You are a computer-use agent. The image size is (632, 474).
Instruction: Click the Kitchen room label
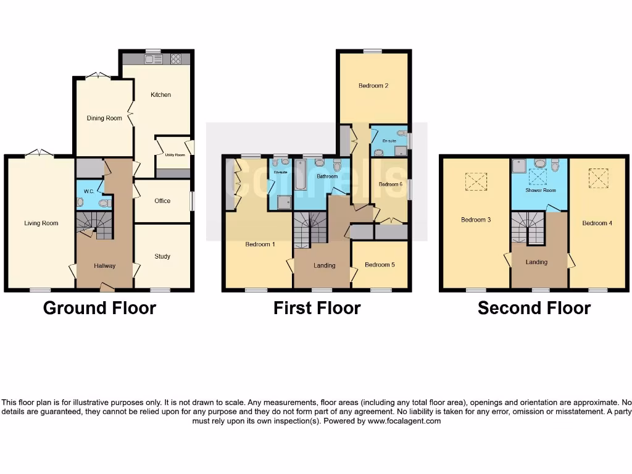[160, 94]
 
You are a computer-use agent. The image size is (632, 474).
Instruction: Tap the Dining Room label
[104, 118]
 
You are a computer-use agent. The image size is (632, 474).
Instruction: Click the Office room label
[162, 201]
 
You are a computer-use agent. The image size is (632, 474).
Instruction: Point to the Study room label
[162, 256]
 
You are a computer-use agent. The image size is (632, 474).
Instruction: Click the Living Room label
[41, 223]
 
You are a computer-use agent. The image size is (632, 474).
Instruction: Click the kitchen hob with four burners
[176, 59]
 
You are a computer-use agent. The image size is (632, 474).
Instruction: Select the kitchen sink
[153, 59]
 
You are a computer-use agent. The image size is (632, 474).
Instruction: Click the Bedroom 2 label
[373, 86]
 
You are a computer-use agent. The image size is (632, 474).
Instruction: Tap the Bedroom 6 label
[390, 184]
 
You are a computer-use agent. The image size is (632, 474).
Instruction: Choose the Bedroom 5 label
[379, 265]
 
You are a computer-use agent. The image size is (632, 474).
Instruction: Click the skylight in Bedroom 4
[597, 178]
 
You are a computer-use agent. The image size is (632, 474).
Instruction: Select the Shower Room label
[541, 190]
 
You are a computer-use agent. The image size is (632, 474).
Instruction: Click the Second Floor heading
[534, 308]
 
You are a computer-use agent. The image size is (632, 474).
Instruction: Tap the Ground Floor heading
[99, 307]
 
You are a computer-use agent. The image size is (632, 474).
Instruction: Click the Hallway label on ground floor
[104, 265]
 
